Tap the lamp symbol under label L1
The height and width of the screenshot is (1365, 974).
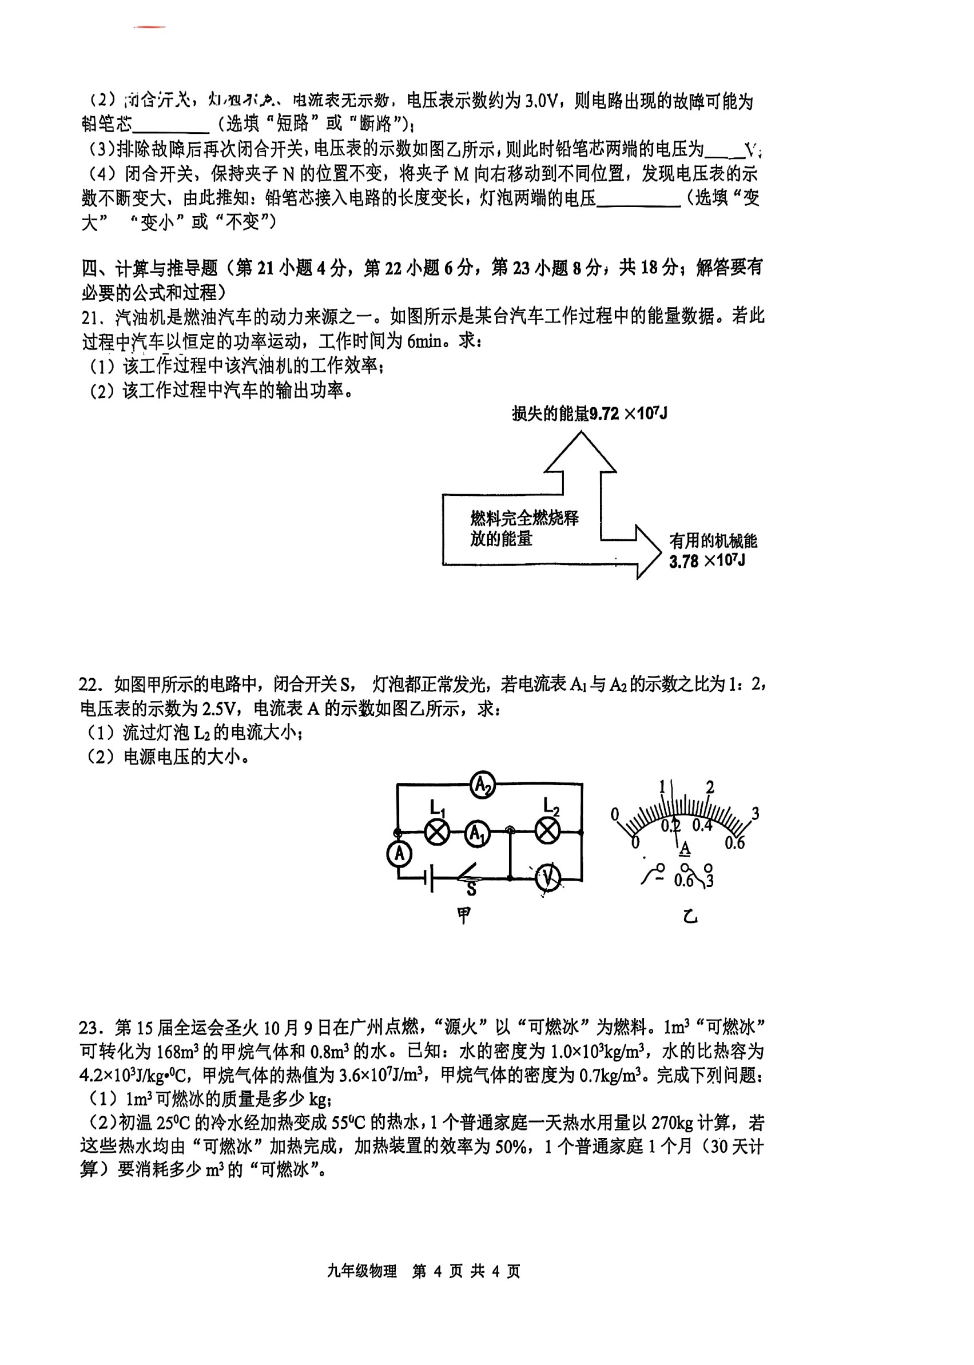(437, 833)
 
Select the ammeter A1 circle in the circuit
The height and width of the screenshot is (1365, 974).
(478, 834)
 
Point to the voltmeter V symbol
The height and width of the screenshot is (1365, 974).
(547, 878)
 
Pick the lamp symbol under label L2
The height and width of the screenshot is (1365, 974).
(547, 832)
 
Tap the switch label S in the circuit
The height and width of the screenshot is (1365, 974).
(471, 889)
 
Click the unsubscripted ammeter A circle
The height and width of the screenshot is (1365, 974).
(400, 854)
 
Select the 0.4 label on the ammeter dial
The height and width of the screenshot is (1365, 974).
(702, 826)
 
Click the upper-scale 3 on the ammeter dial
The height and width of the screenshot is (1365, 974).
(755, 814)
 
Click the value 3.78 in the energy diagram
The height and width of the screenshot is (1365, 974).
(683, 562)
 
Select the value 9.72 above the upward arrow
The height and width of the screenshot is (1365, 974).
(604, 414)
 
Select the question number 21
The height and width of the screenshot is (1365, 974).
(90, 317)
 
